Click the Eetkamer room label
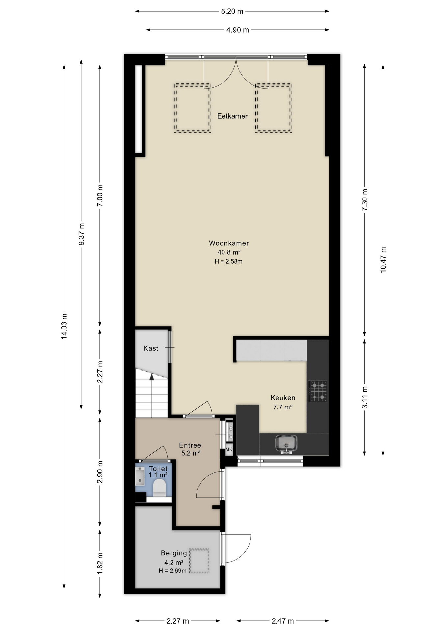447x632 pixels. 232,116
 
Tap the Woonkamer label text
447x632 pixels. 229,243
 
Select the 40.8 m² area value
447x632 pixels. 229,252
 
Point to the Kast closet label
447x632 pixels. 151,348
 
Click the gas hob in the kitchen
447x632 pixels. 318,391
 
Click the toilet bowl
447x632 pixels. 159,488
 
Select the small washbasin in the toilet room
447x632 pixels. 140,476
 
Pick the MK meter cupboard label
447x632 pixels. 229,449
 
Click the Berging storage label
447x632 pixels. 174,553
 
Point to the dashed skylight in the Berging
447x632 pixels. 199,561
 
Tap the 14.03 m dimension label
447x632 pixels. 64,326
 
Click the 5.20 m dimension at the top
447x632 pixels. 232,11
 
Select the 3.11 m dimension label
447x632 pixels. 365,397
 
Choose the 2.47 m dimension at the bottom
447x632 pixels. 282,621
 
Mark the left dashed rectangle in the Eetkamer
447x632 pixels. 193,108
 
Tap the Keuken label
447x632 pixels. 283,398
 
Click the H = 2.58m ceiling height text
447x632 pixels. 228,262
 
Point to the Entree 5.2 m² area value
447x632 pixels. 191,453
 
